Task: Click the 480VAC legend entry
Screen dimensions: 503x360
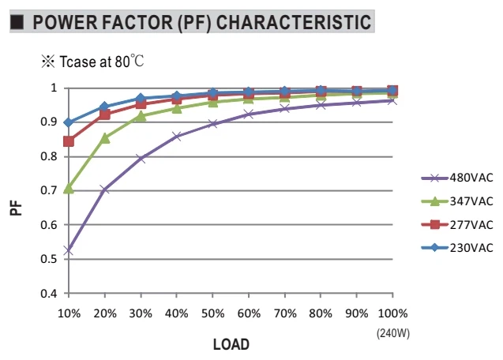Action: click(457, 178)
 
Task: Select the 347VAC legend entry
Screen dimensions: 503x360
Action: click(457, 201)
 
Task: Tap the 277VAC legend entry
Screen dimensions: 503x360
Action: click(457, 224)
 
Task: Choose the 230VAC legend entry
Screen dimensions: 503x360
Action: click(457, 248)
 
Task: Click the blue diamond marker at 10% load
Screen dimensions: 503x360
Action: click(69, 122)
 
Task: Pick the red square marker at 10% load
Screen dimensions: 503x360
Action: click(69, 141)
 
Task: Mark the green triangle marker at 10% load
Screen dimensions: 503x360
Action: click(69, 189)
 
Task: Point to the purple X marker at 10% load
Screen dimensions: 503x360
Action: click(69, 250)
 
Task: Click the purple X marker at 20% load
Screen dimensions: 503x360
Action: click(105, 189)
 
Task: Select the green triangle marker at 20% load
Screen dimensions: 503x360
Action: click(105, 138)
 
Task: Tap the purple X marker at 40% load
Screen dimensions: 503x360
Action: click(177, 137)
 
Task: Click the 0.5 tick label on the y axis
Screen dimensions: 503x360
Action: click(49, 259)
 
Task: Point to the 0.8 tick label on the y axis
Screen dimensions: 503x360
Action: click(49, 156)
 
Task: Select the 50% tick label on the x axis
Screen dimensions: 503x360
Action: click(212, 313)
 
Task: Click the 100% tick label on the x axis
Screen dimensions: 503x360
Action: click(392, 313)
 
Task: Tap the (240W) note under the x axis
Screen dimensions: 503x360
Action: click(393, 333)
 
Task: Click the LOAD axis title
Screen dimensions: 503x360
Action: click(231, 344)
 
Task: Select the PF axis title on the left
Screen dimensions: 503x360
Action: click(16, 208)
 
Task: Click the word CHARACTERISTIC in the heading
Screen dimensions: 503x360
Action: click(294, 22)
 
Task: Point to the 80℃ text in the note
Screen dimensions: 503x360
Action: click(130, 61)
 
